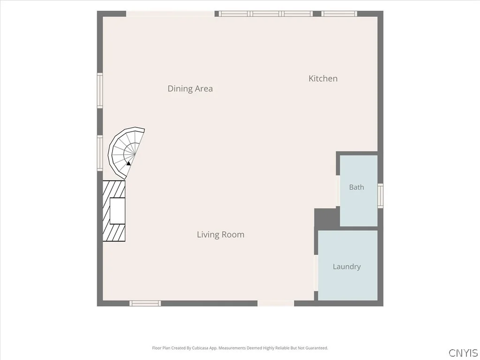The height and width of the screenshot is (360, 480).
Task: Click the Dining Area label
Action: (190, 89)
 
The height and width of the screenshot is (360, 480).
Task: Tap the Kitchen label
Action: (323, 78)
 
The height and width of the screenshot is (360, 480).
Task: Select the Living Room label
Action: (220, 234)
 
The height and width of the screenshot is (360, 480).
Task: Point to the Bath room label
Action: (357, 187)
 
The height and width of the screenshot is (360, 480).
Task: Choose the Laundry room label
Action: (346, 267)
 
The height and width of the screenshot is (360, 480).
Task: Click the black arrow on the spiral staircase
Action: (128, 164)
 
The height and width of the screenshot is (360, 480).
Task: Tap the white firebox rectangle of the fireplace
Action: (117, 210)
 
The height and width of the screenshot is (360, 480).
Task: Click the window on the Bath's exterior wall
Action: (380, 195)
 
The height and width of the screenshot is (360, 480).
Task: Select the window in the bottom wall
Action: (145, 303)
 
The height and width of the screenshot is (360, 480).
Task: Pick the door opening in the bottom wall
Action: (276, 303)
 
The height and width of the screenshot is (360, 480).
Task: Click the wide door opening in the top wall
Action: (170, 14)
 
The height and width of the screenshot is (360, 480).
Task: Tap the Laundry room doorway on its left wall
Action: (316, 273)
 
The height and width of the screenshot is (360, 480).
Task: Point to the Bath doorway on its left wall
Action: (338, 191)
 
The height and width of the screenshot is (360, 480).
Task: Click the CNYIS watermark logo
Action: (463, 352)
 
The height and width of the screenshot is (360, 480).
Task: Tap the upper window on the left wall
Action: (100, 90)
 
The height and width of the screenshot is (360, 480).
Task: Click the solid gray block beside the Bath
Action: (327, 217)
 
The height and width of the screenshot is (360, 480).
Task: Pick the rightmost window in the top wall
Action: (339, 14)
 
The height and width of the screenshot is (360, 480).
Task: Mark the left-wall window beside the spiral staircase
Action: (100, 153)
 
